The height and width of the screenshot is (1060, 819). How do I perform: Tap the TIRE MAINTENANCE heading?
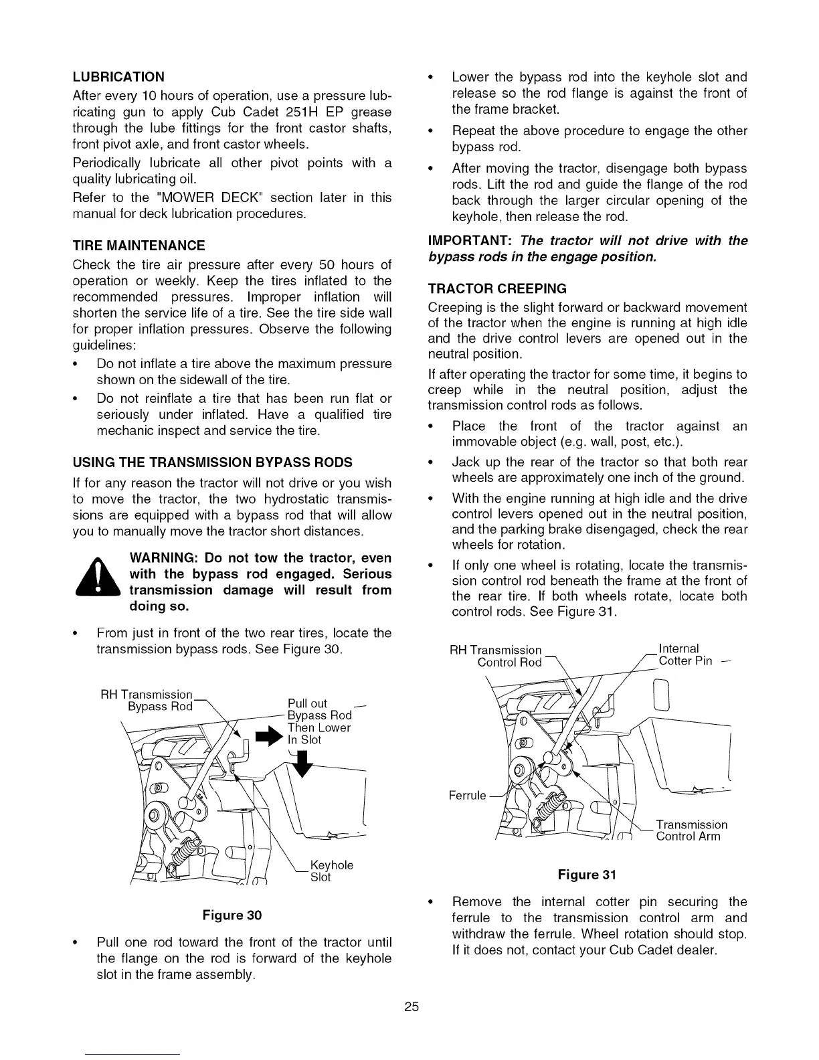(139, 246)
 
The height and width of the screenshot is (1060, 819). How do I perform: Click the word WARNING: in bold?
(163, 558)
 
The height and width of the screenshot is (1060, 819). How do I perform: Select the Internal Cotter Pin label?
(685, 655)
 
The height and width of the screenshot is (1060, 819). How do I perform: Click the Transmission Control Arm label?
(691, 830)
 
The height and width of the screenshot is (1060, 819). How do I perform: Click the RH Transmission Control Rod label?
(506, 656)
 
